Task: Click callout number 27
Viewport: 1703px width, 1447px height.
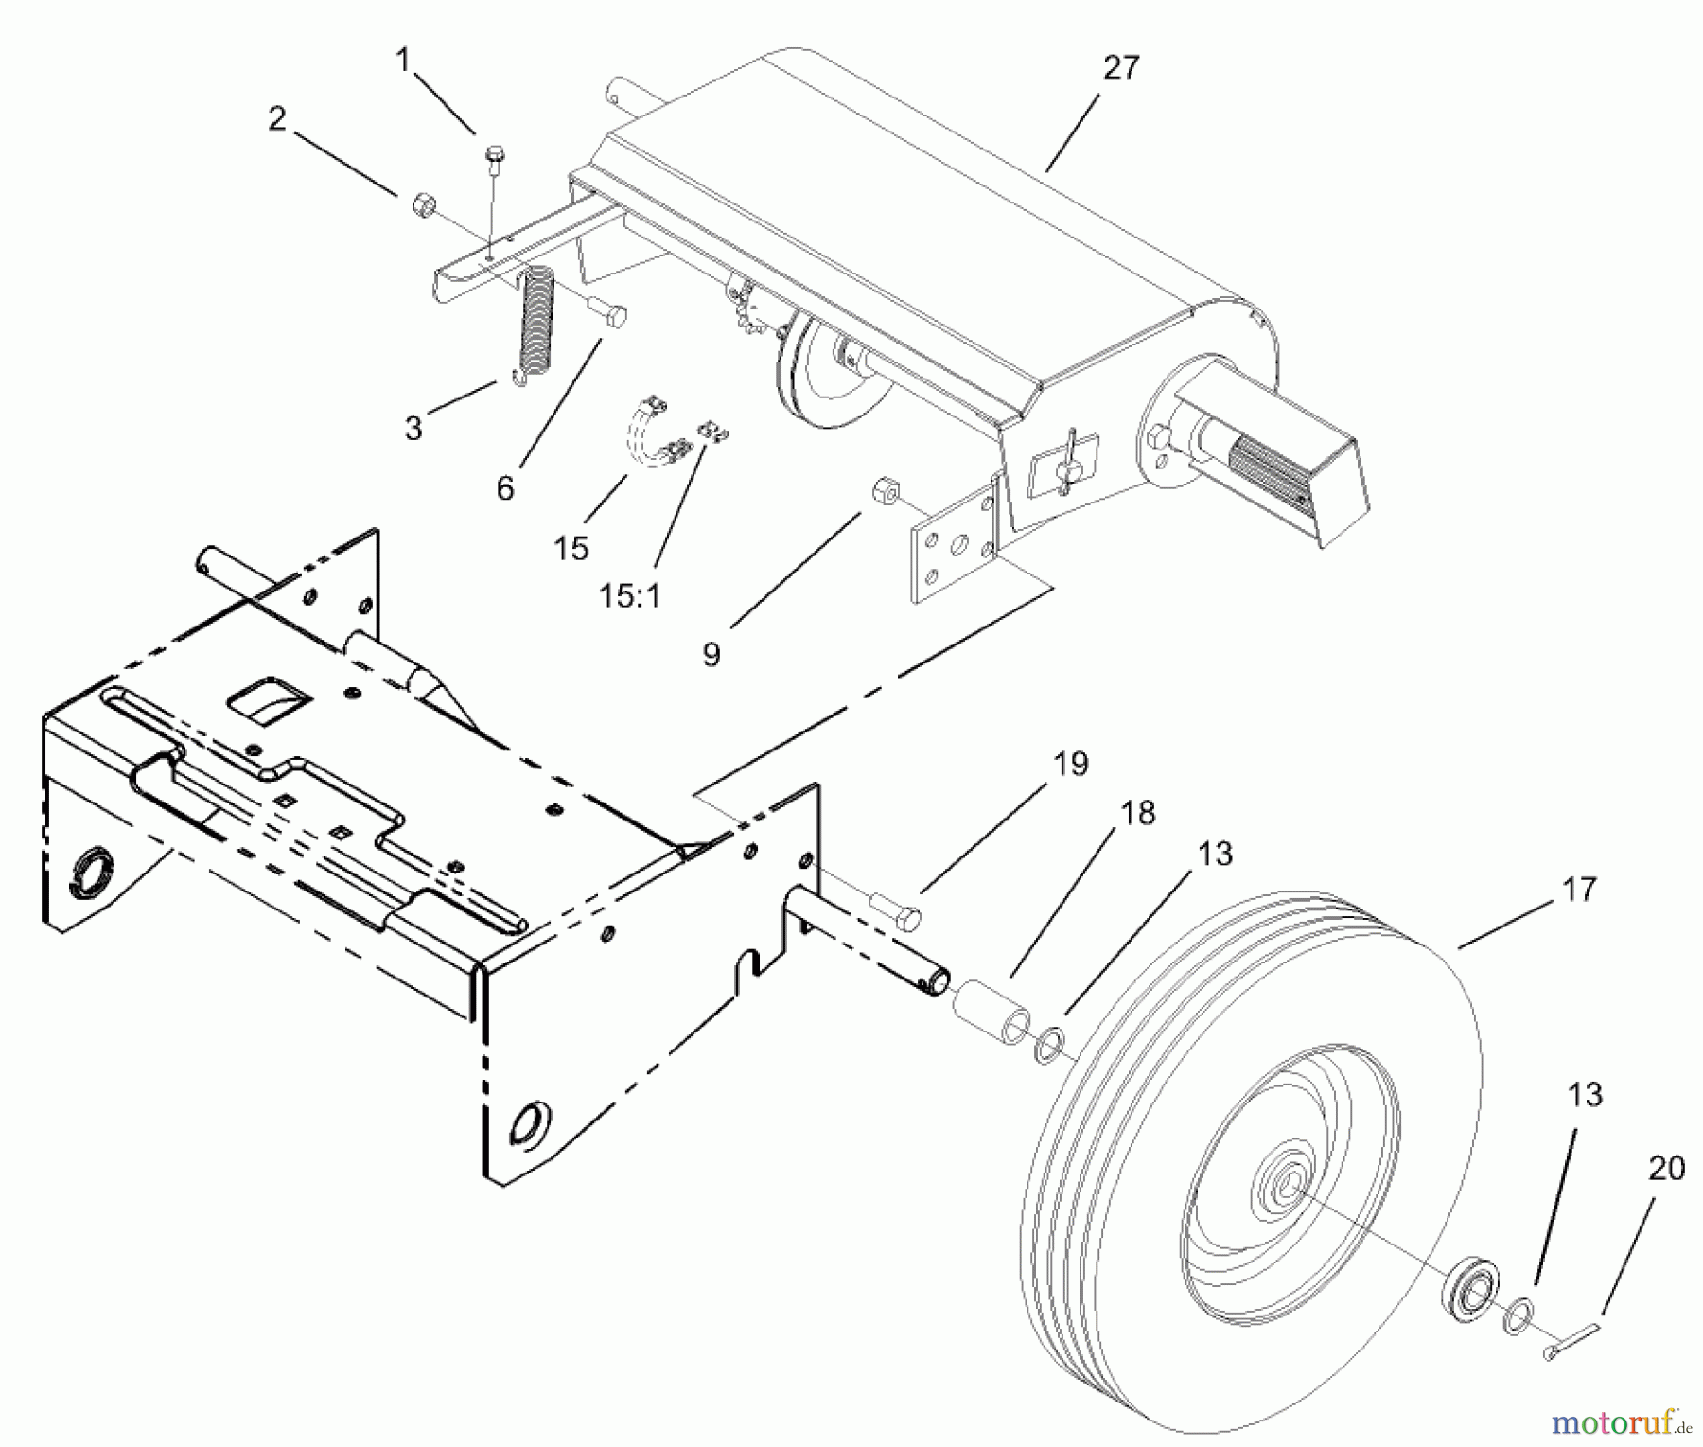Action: click(x=1121, y=68)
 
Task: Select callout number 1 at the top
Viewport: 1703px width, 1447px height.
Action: click(x=404, y=61)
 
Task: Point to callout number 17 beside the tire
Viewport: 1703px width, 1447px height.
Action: click(x=1579, y=889)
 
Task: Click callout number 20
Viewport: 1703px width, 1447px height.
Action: click(x=1666, y=1169)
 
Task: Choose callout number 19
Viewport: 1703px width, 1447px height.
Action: click(x=1071, y=763)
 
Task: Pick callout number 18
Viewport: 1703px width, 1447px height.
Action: click(x=1139, y=813)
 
